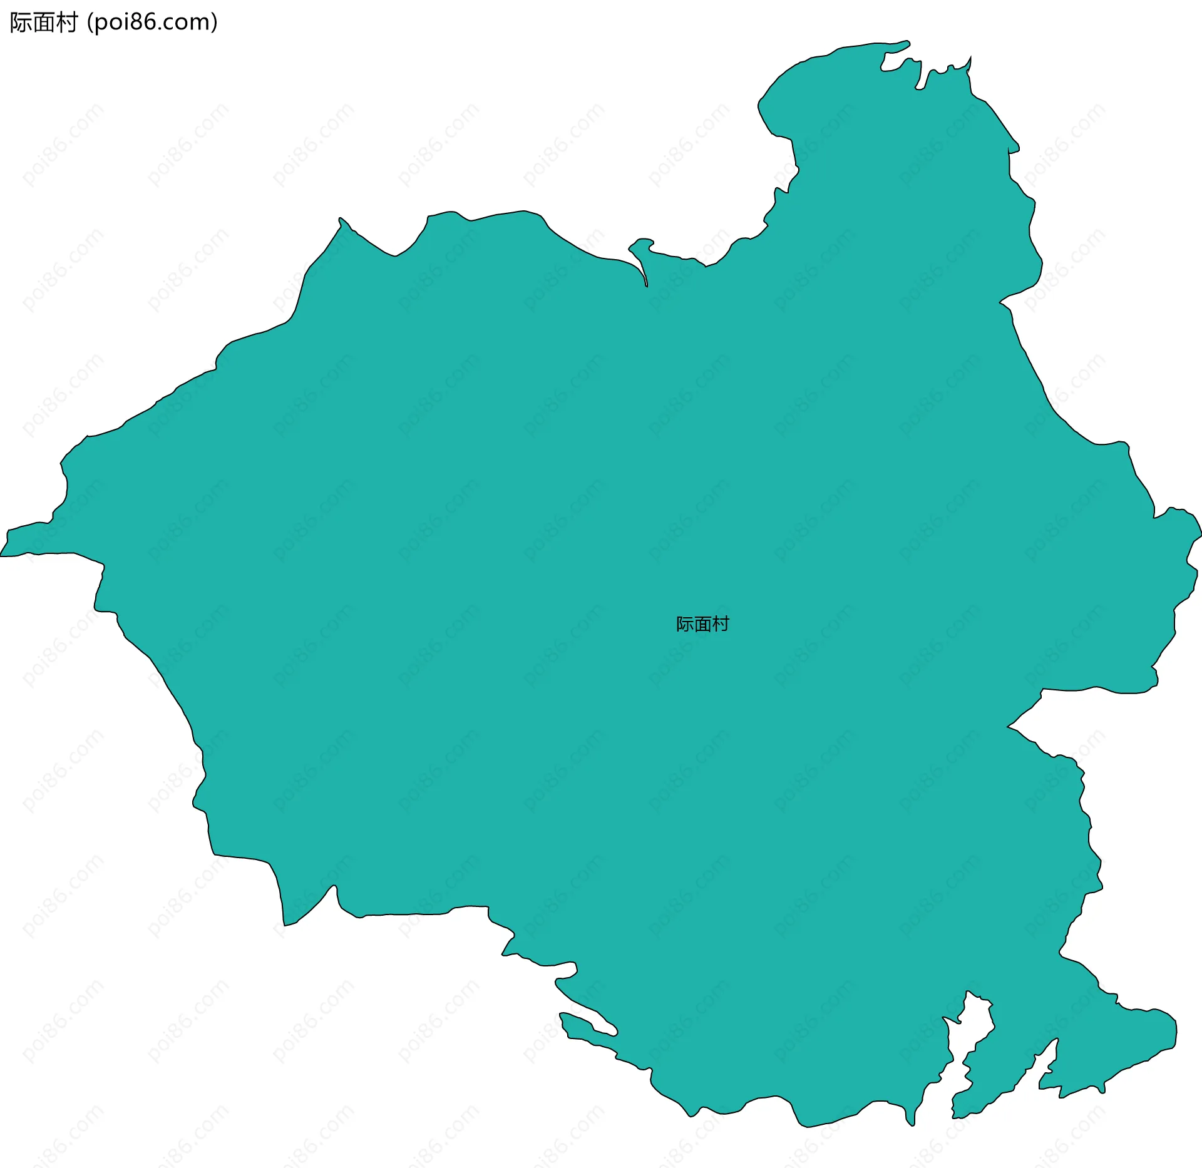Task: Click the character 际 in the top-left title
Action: [x=21, y=23]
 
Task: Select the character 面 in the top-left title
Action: [x=43, y=23]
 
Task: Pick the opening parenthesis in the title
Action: [x=90, y=23]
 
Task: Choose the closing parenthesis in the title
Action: [x=215, y=23]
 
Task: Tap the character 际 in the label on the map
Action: [x=684, y=624]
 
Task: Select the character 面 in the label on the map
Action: [x=702, y=624]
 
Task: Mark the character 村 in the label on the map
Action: [x=721, y=624]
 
